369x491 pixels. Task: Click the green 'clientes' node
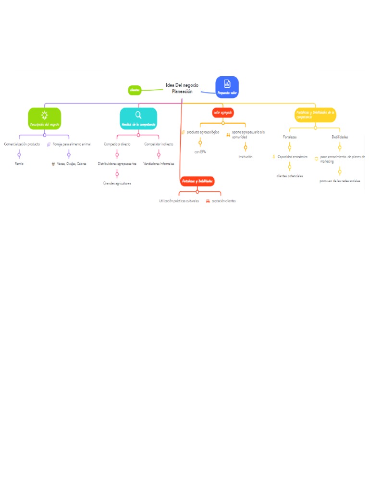coord(135,90)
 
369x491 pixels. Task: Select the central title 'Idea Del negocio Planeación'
coord(182,88)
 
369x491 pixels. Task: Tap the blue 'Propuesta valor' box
coord(227,87)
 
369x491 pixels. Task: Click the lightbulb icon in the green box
coord(44,115)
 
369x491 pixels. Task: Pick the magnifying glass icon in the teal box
coord(138,115)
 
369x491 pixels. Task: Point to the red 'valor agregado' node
coord(223,113)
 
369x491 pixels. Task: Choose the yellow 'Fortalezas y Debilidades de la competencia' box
coord(315,115)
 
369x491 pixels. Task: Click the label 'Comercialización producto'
coord(22,144)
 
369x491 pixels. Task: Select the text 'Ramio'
coord(19,164)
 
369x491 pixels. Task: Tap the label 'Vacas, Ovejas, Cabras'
coord(72,164)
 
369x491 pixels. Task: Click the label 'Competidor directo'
coord(117,144)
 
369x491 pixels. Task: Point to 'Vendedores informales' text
coord(159,164)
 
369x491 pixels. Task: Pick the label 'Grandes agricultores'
coord(117,184)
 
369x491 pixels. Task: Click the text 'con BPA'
coord(200,152)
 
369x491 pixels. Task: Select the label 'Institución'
coord(246,157)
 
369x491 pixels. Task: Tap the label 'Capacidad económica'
coord(292,157)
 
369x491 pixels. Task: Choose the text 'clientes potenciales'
coord(290,176)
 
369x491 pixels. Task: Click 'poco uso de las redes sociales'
coord(340,181)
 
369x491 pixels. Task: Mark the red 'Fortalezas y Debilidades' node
coord(197,181)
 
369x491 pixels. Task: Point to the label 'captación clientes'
coord(223,201)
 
